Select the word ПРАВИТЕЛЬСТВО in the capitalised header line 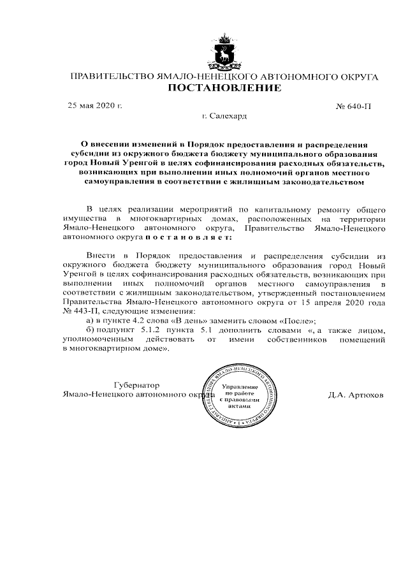tap(110, 77)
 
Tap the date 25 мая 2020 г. tap(95, 106)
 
